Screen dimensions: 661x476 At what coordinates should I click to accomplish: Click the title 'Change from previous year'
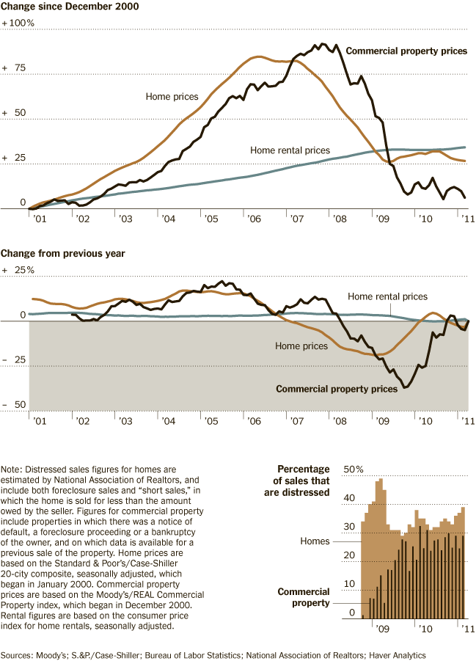point(62,253)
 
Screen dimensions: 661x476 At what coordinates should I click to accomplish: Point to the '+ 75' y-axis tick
point(15,68)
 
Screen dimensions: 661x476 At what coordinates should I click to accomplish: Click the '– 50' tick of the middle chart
point(15,405)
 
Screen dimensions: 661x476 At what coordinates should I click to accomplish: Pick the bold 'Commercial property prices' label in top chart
point(406,51)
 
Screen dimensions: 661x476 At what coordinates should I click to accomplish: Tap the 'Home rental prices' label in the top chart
point(290,150)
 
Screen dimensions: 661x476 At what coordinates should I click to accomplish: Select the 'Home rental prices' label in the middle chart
point(387,297)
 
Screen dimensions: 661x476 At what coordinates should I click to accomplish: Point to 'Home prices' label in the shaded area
point(301,346)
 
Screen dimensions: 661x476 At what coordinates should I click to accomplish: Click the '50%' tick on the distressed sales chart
point(354,470)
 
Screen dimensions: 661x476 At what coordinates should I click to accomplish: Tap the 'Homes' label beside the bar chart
point(315,541)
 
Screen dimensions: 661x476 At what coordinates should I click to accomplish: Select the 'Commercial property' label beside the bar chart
point(304,597)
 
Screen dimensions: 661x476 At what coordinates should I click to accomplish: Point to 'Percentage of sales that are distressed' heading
point(303,481)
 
